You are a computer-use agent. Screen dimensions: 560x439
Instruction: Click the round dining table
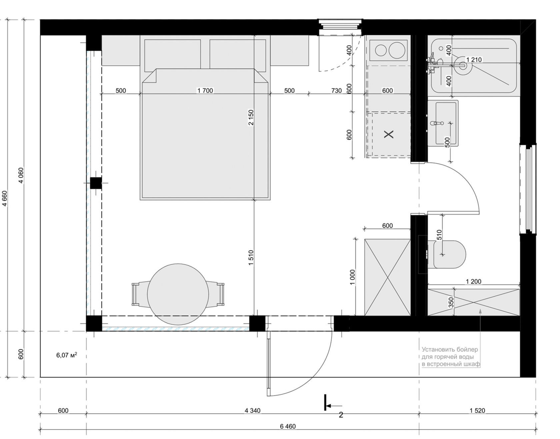tap(178, 294)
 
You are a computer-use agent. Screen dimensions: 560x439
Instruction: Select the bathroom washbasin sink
tap(443, 123)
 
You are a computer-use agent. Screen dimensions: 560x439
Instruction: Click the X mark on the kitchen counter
tap(389, 134)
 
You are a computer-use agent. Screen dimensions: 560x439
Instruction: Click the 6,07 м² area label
tap(67, 355)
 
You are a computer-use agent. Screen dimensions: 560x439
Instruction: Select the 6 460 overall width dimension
tap(288, 426)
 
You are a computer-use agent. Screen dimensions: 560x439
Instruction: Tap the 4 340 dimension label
tap(252, 411)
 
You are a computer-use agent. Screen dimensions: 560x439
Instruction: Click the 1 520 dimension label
tap(477, 411)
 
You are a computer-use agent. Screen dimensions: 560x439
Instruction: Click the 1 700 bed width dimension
tap(205, 90)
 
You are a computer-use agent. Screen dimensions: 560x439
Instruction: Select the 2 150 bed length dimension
tap(251, 117)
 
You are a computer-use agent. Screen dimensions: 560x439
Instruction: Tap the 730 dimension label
tap(337, 90)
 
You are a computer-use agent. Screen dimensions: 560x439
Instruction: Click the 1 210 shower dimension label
tap(474, 60)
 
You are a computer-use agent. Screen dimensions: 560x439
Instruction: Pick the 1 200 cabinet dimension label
tap(473, 282)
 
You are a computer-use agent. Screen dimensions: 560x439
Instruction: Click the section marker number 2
tap(341, 415)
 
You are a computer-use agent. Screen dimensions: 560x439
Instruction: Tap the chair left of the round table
tap(140, 294)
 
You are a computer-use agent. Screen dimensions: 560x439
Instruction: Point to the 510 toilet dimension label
tap(439, 235)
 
